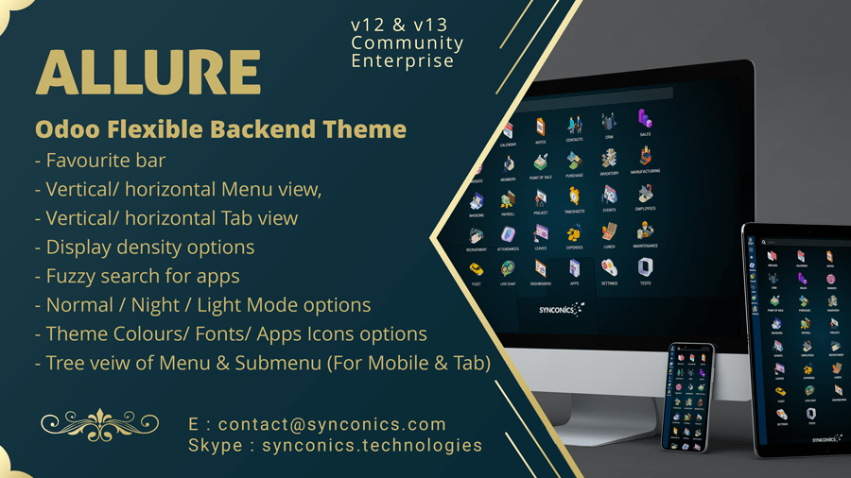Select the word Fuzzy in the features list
(x=72, y=276)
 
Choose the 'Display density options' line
(x=149, y=247)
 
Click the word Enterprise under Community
(x=402, y=60)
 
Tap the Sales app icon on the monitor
(x=645, y=120)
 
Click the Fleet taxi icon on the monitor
(x=475, y=267)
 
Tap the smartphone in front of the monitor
(x=688, y=398)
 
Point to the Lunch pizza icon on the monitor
(x=610, y=232)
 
